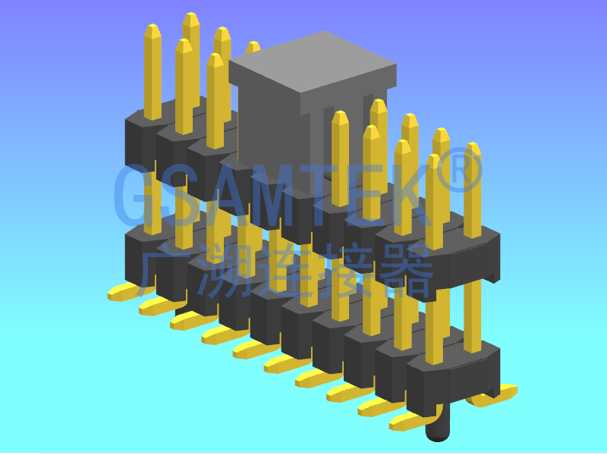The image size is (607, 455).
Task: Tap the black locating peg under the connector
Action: tap(438, 429)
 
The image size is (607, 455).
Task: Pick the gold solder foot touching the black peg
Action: tap(414, 419)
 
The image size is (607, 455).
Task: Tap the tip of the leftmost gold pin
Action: tap(153, 30)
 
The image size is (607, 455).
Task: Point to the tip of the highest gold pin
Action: tap(191, 18)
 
